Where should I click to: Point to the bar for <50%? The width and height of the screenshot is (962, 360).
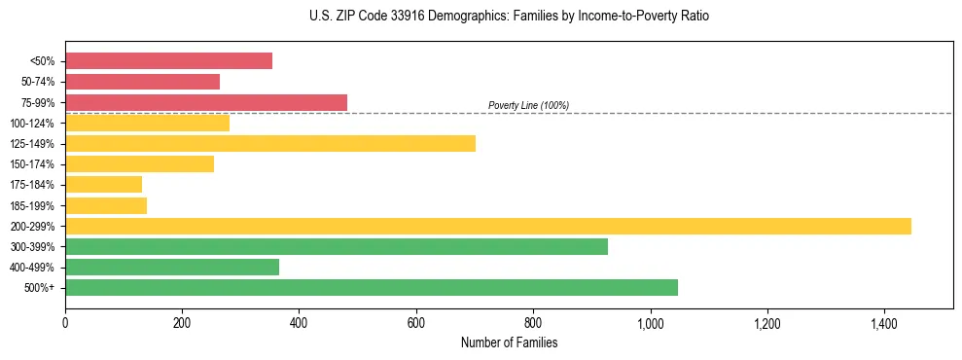pos(168,61)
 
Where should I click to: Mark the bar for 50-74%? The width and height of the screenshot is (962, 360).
pos(142,82)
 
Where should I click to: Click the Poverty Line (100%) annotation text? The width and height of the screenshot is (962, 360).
pos(528,105)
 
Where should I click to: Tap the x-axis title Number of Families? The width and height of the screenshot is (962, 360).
pos(509,342)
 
